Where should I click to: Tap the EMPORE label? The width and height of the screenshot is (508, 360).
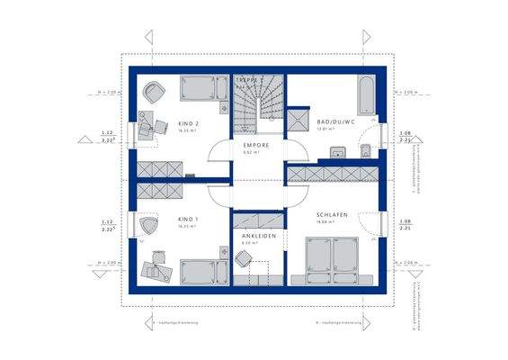pyautogui.click(x=256, y=145)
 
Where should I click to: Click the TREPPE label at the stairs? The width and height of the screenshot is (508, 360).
pyautogui.click(x=251, y=80)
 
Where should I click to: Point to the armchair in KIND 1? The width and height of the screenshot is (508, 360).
pyautogui.click(x=148, y=227)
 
